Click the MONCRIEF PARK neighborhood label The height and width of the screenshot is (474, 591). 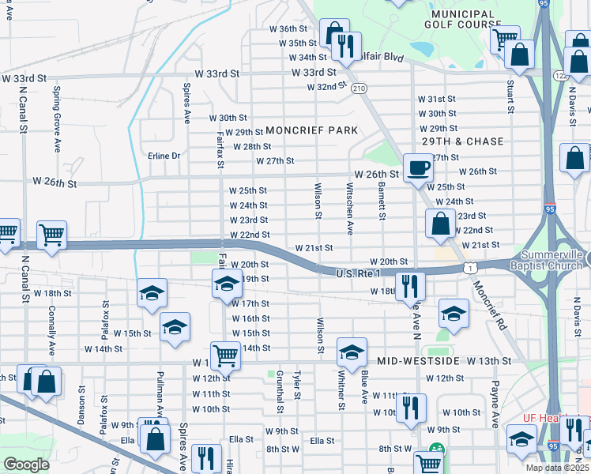click(312, 130)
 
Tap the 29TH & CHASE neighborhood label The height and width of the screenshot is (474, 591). click(462, 141)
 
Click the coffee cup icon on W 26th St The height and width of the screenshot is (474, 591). click(417, 167)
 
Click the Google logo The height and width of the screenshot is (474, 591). click(27, 465)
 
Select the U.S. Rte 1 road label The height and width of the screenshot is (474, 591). click(358, 273)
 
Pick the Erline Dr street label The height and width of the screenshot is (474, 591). click(164, 156)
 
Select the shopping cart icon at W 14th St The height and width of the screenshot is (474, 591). click(226, 355)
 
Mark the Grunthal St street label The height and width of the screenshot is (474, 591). click(280, 393)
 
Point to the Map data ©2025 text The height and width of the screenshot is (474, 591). click(558, 468)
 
